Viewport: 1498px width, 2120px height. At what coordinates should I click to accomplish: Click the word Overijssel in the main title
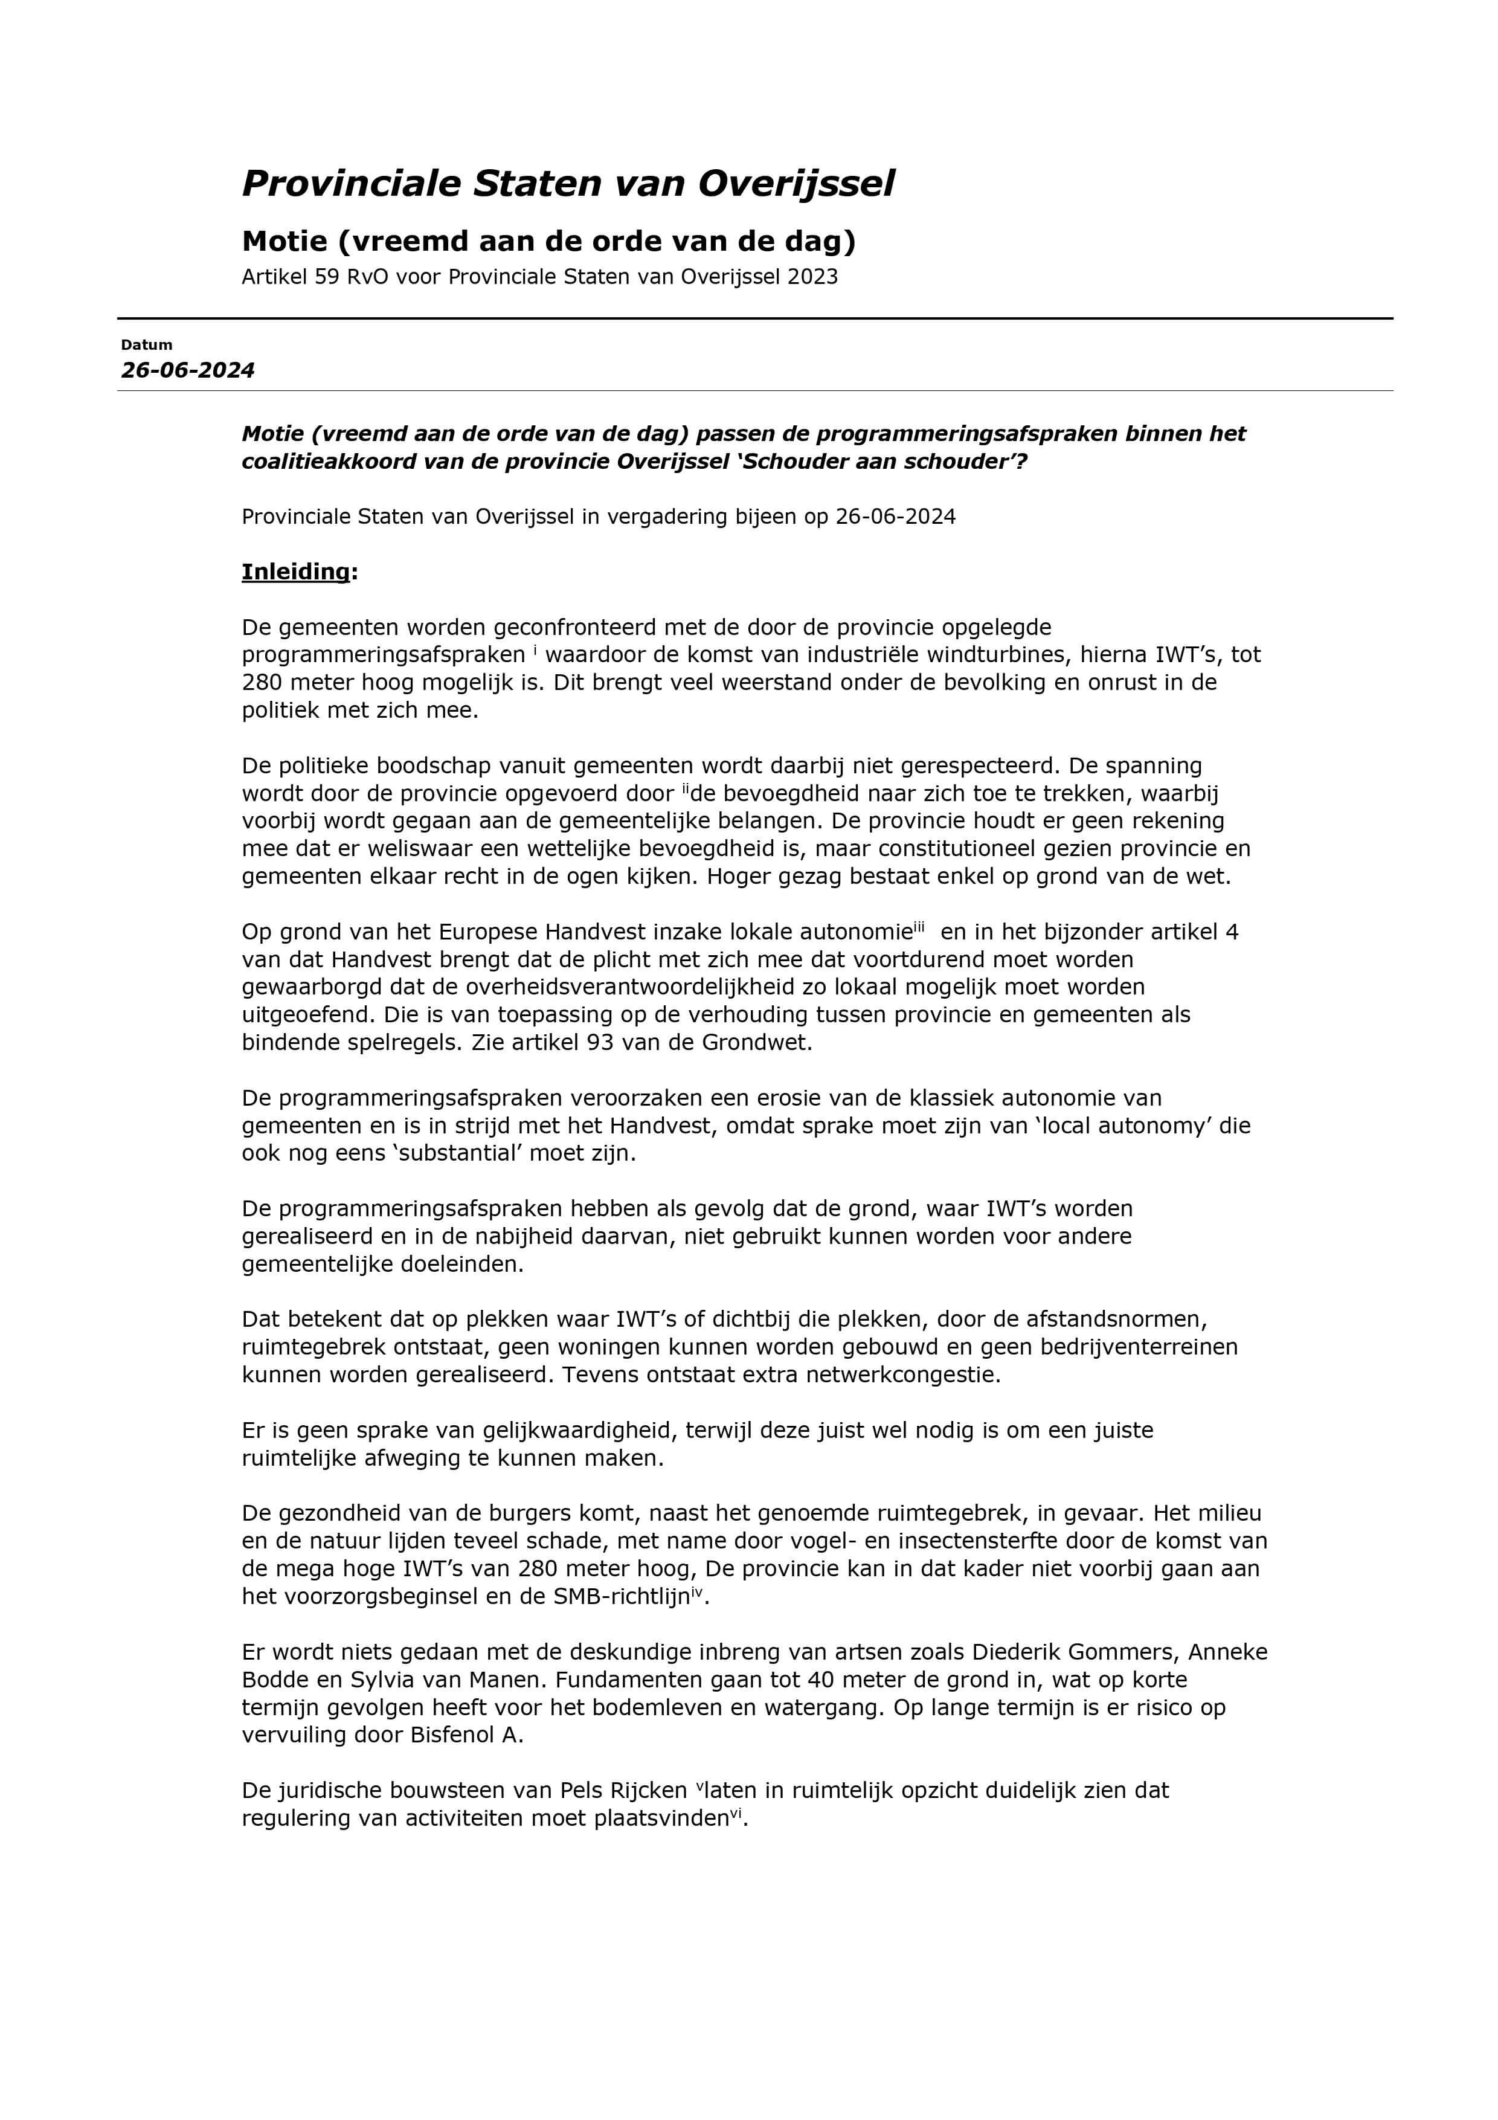[x=796, y=184]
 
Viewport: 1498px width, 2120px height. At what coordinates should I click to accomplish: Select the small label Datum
[x=147, y=346]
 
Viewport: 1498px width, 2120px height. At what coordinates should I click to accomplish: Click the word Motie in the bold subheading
[x=283, y=242]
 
